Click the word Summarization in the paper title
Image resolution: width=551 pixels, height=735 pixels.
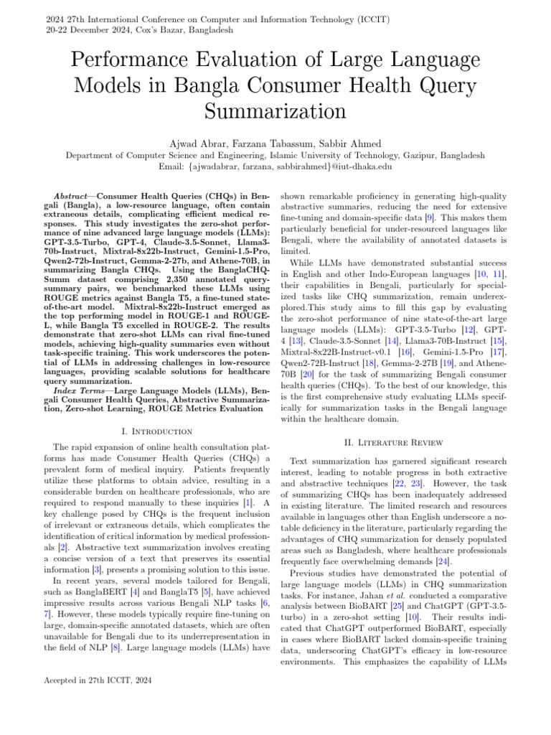[x=275, y=111]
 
